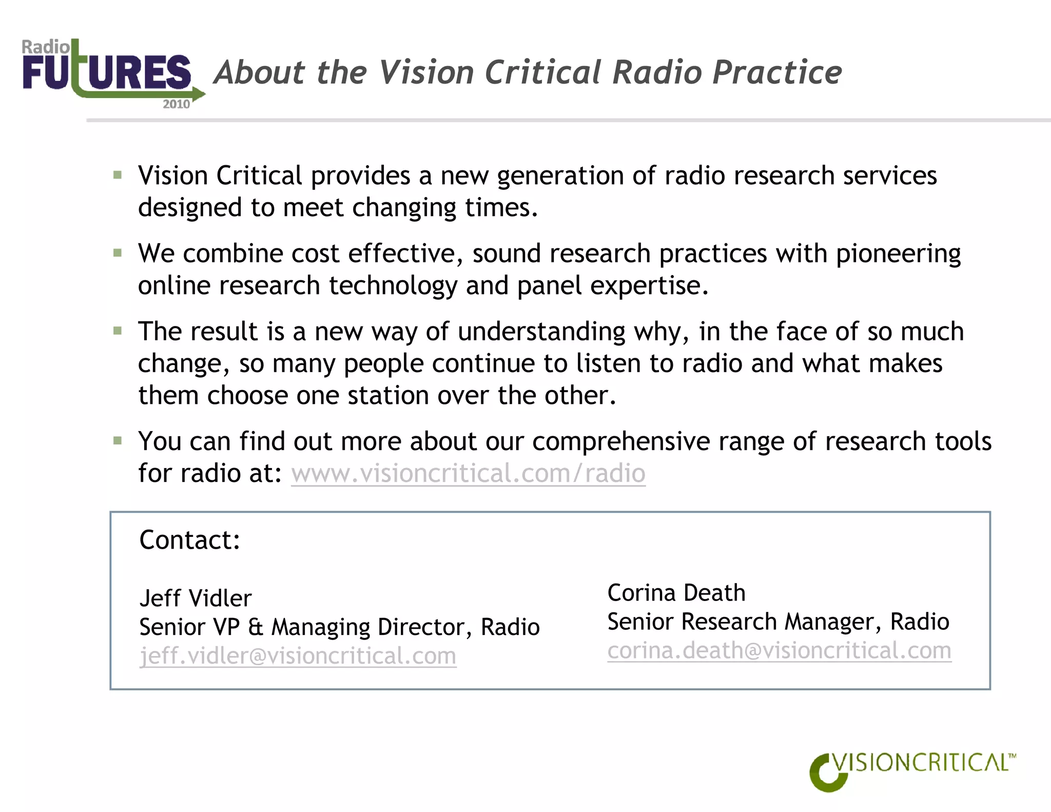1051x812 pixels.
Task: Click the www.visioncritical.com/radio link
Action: coord(468,473)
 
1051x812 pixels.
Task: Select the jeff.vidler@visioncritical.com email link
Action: coord(298,656)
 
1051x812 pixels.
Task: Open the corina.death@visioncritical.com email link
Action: coord(779,651)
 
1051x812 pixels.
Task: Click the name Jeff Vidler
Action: coord(196,598)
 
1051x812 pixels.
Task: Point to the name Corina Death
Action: coord(676,593)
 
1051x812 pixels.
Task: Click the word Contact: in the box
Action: coord(190,540)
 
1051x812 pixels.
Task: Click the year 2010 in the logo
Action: coord(176,104)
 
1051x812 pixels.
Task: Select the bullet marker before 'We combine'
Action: coord(118,253)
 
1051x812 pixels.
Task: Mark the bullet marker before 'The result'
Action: coord(118,331)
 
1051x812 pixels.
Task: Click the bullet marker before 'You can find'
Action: coord(118,441)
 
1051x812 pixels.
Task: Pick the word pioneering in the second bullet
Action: coord(898,254)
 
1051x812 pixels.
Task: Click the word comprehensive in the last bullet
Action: coord(620,441)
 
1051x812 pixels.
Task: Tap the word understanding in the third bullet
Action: coord(541,332)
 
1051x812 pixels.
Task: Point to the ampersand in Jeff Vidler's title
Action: coord(255,627)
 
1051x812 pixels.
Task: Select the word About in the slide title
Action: coord(260,72)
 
